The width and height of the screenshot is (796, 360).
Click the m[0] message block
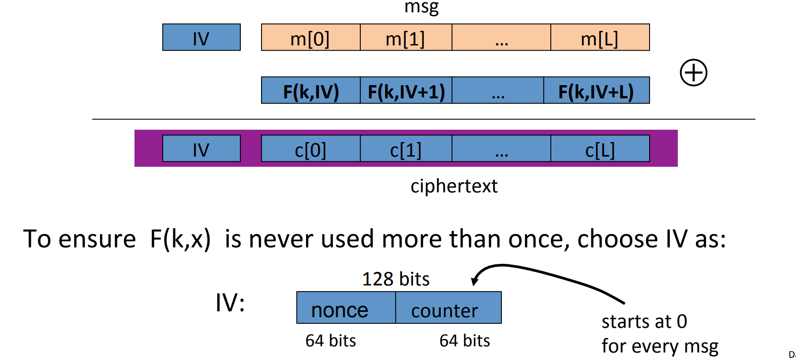click(310, 37)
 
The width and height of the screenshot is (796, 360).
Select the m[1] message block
click(406, 37)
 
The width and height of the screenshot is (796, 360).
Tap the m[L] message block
click(600, 37)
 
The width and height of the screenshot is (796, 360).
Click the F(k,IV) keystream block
click(310, 90)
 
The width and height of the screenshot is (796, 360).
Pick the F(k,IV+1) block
click(406, 90)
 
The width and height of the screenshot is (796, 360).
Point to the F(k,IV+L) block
click(596, 90)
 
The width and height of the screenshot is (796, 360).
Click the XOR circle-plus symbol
click(693, 73)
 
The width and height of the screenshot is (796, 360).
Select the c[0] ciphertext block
click(310, 149)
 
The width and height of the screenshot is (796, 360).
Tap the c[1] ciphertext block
click(406, 149)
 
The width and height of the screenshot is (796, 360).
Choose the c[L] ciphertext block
click(600, 149)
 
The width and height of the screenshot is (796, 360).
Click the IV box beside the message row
click(201, 37)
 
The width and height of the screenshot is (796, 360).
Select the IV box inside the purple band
click(201, 149)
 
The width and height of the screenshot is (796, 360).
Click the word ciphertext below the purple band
click(454, 186)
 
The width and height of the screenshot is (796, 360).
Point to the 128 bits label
click(396, 279)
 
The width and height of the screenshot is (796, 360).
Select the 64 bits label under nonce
click(330, 341)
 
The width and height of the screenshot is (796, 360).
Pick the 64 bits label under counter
click(464, 341)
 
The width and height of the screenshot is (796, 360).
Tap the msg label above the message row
click(421, 7)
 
